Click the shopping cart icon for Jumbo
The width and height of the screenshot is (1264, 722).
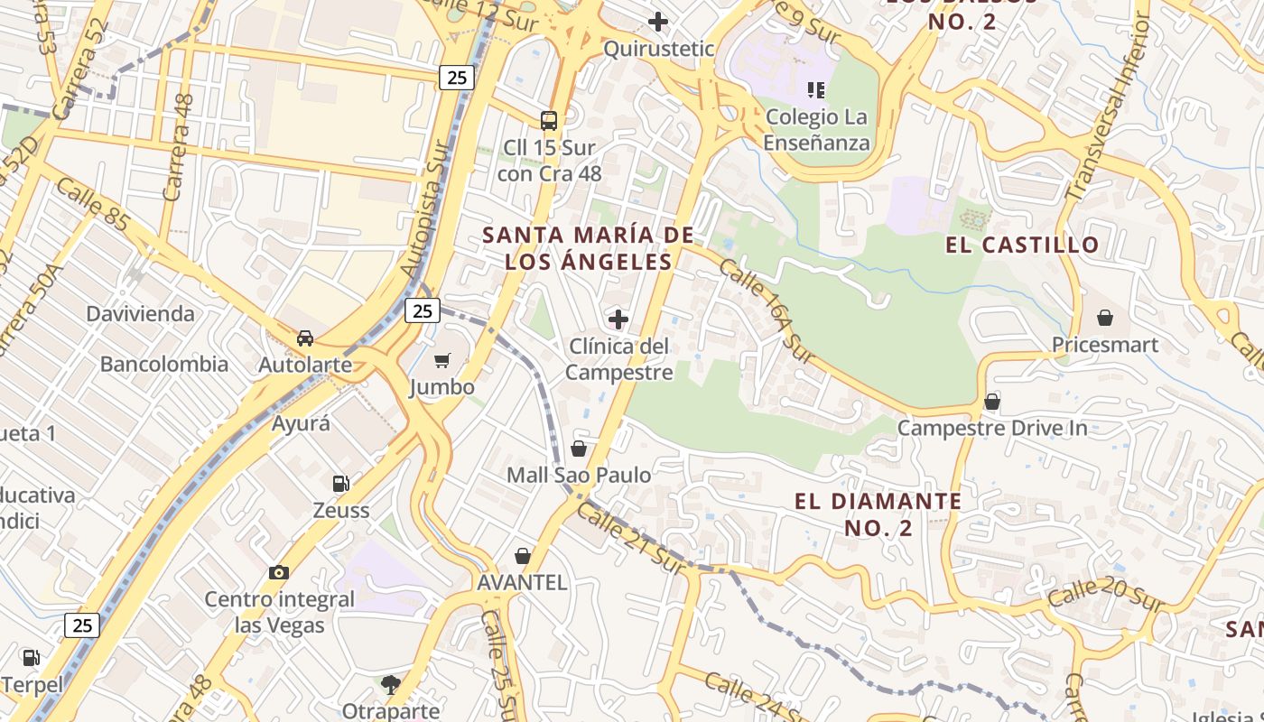point(441,361)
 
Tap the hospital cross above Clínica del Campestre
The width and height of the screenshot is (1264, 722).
point(618,319)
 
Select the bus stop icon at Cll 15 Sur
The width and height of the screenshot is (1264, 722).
point(548,120)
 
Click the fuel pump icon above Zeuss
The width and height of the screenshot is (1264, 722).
point(340,484)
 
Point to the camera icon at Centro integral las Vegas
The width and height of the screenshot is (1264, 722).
point(278,572)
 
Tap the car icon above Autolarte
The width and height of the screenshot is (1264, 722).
point(305,338)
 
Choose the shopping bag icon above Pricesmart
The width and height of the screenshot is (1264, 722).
point(1104,318)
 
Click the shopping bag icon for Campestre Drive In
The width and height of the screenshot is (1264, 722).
point(992,401)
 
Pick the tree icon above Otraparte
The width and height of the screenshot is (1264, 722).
point(390,685)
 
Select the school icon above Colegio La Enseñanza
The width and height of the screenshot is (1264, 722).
point(816,89)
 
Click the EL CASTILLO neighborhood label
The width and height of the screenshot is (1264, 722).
point(1022,245)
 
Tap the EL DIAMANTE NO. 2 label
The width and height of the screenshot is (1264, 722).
point(878,514)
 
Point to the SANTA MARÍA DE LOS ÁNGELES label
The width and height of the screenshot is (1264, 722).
point(588,248)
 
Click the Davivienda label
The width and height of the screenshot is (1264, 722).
point(140,314)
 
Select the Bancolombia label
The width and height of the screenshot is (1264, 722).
point(163,365)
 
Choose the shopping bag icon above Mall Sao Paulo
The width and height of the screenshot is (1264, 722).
point(579,449)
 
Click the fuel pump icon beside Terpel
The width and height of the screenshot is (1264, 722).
point(31,658)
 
